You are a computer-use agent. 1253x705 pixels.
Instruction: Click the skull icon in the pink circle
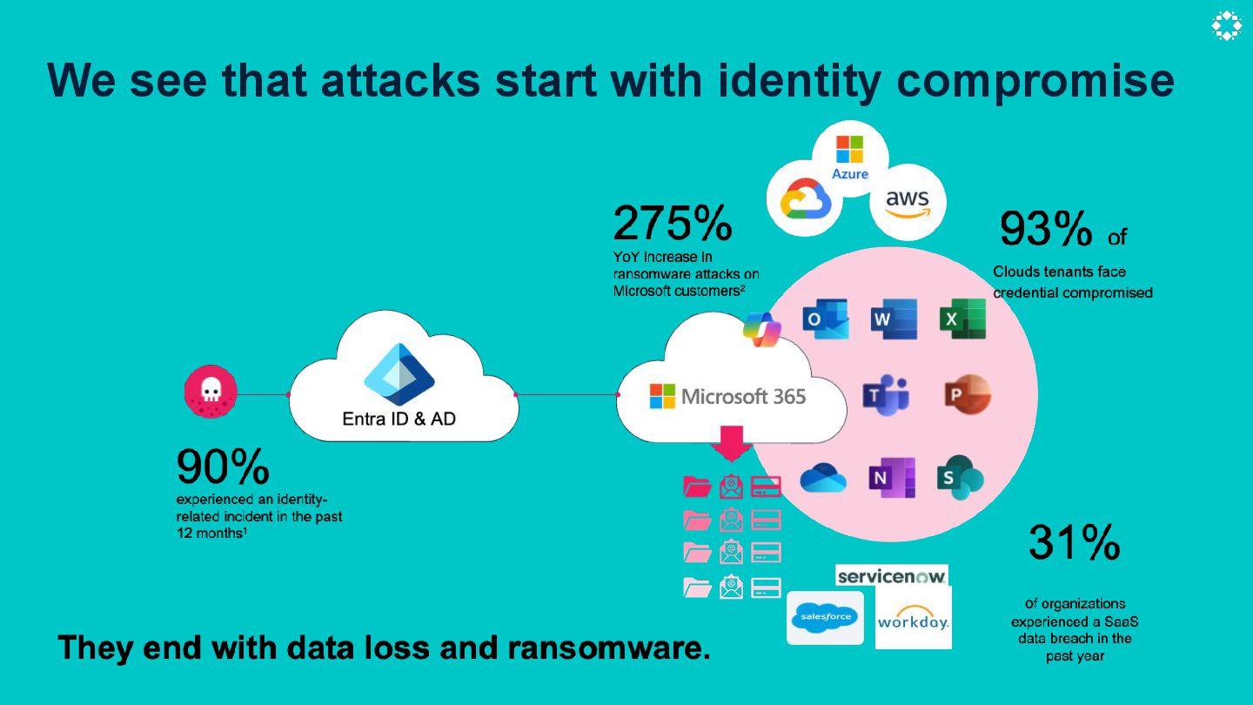click(x=210, y=392)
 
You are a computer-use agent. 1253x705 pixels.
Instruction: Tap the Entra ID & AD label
click(x=399, y=419)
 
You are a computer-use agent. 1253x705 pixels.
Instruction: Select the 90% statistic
click(x=223, y=467)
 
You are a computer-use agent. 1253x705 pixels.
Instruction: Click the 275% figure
click(x=672, y=224)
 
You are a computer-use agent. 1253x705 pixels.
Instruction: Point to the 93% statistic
click(x=1045, y=229)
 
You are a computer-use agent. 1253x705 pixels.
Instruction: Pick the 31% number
click(x=1074, y=542)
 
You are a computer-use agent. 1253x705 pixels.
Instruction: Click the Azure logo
click(x=849, y=157)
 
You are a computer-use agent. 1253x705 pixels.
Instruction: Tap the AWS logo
click(x=908, y=202)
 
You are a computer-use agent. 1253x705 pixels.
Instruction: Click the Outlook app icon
click(x=824, y=319)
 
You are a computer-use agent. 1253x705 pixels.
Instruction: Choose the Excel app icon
click(x=962, y=319)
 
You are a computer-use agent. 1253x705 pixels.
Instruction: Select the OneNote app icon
click(x=891, y=477)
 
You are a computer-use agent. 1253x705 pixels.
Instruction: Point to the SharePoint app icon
click(x=960, y=477)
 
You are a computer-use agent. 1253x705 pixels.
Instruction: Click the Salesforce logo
click(x=825, y=618)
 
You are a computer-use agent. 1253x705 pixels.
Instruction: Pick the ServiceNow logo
click(x=892, y=576)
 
